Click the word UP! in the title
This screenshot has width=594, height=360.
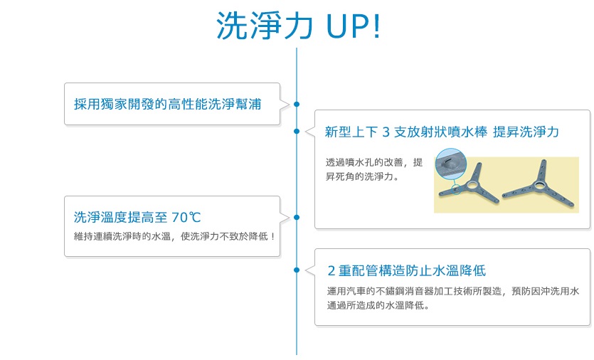coord(353,26)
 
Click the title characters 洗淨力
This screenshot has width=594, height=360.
coord(265,26)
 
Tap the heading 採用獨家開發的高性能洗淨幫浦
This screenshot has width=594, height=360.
coord(167,104)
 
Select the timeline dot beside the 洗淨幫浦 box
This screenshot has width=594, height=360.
coord(297,104)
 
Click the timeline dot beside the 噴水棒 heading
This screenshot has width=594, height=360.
coord(297,131)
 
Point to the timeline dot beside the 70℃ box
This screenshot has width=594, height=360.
coord(297,217)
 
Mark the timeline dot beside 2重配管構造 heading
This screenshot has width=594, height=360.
coord(297,270)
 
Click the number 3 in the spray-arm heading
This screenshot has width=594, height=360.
coord(386,132)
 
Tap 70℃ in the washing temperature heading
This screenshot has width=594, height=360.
coord(186,218)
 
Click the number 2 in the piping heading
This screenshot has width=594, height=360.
coord(332,271)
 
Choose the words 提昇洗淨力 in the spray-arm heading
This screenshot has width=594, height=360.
coord(526,132)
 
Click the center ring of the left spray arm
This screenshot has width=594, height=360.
coord(472,185)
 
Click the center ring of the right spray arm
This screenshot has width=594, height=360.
coord(539,186)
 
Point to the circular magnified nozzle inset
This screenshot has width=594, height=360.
coord(451,164)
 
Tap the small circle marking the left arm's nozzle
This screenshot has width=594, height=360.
coord(457,189)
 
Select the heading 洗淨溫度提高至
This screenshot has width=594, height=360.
coord(120,218)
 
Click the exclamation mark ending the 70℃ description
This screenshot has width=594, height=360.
coord(272,236)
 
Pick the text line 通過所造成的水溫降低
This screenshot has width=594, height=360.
coord(378,305)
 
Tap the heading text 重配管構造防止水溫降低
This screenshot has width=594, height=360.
coord(412,271)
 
